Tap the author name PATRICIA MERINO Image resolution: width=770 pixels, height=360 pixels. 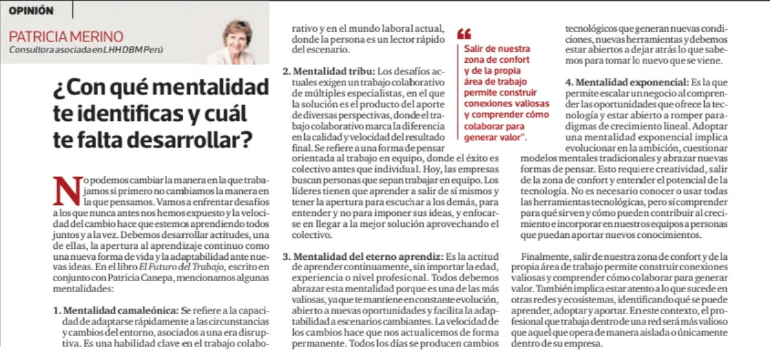click(66, 36)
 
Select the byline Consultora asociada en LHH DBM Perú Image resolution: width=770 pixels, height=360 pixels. click(86, 50)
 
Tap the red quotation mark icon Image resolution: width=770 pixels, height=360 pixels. click(464, 33)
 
